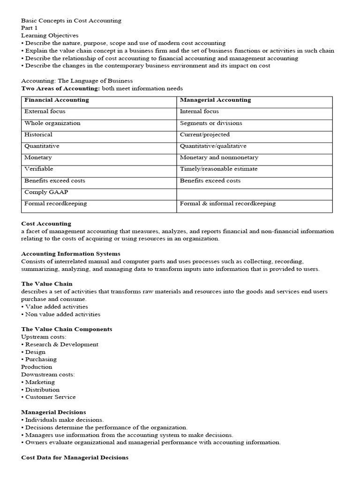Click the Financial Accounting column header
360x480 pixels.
(57, 100)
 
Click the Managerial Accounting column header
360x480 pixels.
(215, 100)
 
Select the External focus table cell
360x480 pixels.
(45, 112)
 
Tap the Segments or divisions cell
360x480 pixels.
(211, 123)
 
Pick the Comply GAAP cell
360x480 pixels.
(43, 192)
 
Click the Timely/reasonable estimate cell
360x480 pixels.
(218, 169)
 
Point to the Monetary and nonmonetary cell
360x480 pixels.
(219, 157)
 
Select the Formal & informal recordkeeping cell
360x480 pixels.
(227, 203)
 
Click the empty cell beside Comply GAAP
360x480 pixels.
(254, 192)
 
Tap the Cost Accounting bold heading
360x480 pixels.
(46, 224)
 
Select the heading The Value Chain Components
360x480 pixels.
(67, 329)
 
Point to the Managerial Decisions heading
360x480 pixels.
(53, 412)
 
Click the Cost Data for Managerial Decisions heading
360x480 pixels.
(75, 457)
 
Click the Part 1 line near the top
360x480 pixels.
(29, 28)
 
